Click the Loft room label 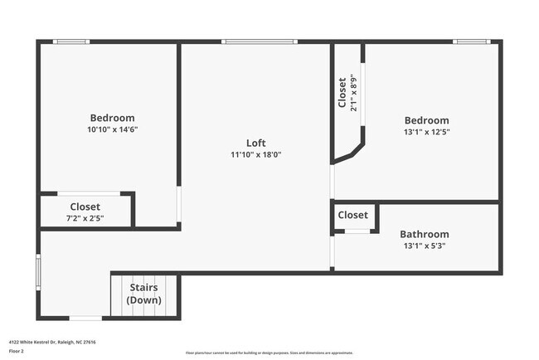tap(255, 143)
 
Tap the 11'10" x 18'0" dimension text tap(255, 154)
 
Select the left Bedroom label tap(112, 118)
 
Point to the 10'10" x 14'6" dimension tap(112, 129)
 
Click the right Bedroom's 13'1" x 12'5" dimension tap(426, 131)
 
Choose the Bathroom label tap(424, 234)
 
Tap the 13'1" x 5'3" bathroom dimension tap(424, 246)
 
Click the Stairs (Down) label tap(144, 294)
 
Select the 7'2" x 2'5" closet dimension tap(85, 218)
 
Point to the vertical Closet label tap(342, 93)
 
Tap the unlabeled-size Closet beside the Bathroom tap(352, 215)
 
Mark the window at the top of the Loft tap(259, 41)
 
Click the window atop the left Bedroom tap(71, 41)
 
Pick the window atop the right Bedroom tap(471, 41)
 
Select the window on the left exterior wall tap(38, 271)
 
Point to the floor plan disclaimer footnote tap(269, 352)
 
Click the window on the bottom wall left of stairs tap(85, 318)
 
